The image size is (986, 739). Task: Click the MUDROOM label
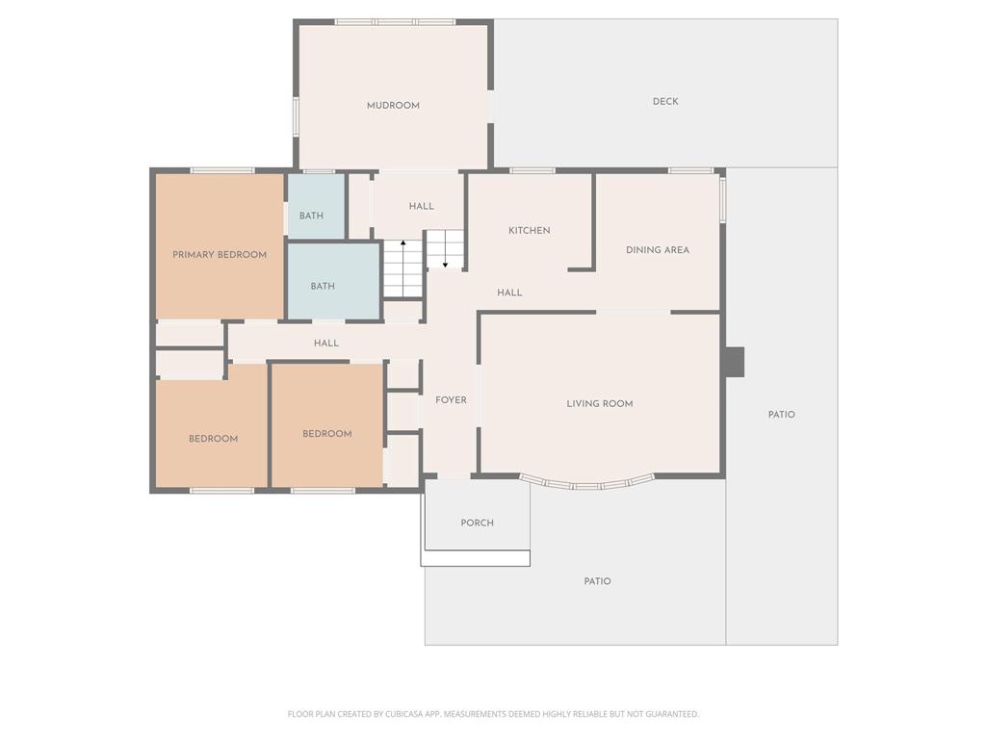(x=393, y=106)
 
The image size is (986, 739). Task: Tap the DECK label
(x=665, y=101)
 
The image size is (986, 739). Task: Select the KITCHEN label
(x=530, y=231)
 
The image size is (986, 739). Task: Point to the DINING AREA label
(x=658, y=250)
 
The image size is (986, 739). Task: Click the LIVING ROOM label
(x=600, y=404)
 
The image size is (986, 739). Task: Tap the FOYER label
(x=451, y=400)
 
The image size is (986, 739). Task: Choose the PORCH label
(x=478, y=522)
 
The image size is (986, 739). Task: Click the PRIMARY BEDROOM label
(x=220, y=255)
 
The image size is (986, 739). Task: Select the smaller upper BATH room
(x=316, y=206)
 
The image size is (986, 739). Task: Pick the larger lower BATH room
(x=333, y=282)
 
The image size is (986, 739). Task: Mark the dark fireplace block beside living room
(x=735, y=362)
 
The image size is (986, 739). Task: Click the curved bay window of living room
(x=587, y=485)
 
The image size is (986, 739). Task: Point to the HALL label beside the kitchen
(x=509, y=293)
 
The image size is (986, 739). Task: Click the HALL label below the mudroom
(x=422, y=206)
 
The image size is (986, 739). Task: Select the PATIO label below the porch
(x=597, y=581)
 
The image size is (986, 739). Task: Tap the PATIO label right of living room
(x=782, y=415)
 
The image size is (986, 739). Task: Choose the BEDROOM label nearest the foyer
(x=327, y=434)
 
